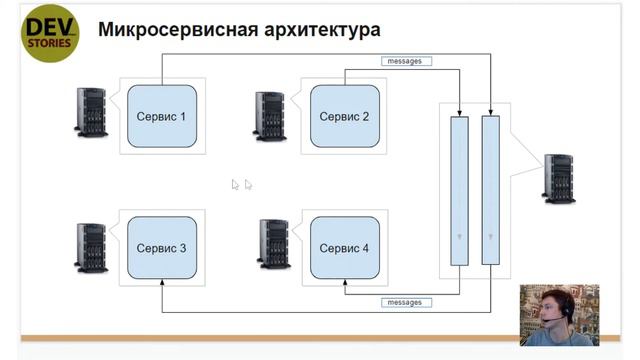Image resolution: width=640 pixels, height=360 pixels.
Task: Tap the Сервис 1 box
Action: pyautogui.click(x=161, y=116)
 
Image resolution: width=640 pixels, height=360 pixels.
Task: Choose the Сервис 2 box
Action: pyautogui.click(x=344, y=116)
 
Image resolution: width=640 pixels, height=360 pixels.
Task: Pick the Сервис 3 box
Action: pyautogui.click(x=161, y=247)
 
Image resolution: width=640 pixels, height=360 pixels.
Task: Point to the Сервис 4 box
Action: pyautogui.click(x=344, y=247)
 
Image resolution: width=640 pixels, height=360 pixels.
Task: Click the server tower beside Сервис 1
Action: pyautogui.click(x=91, y=112)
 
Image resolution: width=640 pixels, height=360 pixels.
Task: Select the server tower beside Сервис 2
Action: pyautogui.click(x=270, y=116)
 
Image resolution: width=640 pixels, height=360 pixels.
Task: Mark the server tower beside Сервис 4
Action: pyautogui.click(x=273, y=246)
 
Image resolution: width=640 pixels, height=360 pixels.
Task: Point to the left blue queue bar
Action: pyautogui.click(x=459, y=190)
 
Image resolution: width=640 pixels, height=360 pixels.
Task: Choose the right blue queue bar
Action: pyautogui.click(x=490, y=190)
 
